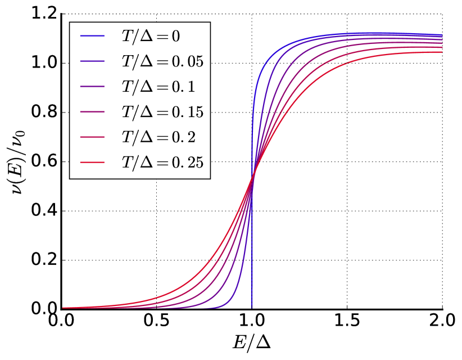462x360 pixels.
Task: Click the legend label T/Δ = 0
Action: (x=151, y=37)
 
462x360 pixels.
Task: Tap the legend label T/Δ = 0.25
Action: (x=162, y=163)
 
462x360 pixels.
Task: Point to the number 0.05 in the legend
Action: (x=188, y=62)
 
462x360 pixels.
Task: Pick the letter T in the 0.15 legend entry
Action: (x=127, y=112)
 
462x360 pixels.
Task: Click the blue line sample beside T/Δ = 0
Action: (x=93, y=36)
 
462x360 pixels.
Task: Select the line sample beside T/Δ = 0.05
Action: (x=93, y=61)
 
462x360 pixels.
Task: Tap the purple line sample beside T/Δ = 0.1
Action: (x=93, y=87)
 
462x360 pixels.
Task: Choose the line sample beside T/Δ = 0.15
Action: (x=93, y=112)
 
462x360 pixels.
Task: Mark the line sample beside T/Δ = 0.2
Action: (x=93, y=137)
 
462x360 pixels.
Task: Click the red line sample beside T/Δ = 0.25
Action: (x=93, y=163)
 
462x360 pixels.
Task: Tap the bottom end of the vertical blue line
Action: (x=252, y=308)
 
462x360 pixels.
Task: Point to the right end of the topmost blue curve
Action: (x=442, y=35)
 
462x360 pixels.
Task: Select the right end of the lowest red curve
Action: (x=442, y=53)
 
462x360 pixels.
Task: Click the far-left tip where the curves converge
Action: (x=62, y=308)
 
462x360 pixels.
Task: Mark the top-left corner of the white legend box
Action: (x=70, y=22)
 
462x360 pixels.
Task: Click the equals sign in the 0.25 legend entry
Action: (x=163, y=163)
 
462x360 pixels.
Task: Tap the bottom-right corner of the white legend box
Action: (x=210, y=178)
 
